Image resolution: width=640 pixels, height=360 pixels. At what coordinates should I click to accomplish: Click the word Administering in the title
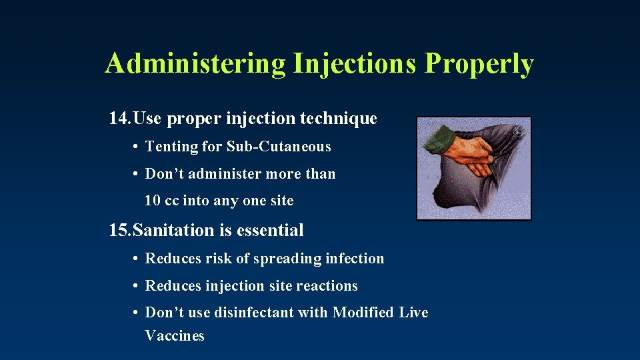[x=195, y=64]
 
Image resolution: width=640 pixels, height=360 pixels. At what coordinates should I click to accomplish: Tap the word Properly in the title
[x=479, y=64]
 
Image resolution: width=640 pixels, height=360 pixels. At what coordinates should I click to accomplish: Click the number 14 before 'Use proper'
[x=118, y=119]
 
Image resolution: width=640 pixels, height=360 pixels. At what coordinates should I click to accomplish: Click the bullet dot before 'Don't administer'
[x=135, y=174]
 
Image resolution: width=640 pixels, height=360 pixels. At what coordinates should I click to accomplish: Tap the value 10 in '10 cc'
[x=153, y=201]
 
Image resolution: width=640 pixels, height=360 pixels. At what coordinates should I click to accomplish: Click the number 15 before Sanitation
[x=118, y=231]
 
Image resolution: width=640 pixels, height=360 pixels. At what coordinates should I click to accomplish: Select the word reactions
[x=327, y=286]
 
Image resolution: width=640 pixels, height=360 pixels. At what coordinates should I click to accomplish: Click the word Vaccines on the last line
[x=175, y=336]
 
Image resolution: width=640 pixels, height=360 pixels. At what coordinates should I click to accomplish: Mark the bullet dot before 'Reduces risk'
[x=135, y=259]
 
